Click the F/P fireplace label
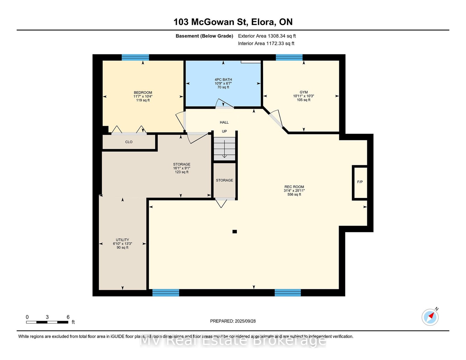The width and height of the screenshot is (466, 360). tap(360, 182)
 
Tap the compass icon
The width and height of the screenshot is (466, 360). tap(430, 317)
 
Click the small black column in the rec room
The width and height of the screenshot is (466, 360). tap(235, 232)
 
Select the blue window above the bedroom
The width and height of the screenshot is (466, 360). tap(135, 57)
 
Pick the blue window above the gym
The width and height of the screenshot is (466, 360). tap(289, 57)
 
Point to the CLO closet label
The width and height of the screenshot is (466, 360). tap(129, 142)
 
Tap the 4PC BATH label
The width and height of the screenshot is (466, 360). tap(223, 80)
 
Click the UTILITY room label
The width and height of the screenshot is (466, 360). tap(123, 240)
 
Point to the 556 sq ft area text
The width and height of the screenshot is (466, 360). tap(294, 194)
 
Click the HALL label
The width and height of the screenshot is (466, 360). tap(224, 122)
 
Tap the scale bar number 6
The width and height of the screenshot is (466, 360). tap(68, 317)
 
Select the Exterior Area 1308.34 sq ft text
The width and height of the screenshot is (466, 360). tap(267, 36)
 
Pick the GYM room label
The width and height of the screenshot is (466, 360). tap(304, 92)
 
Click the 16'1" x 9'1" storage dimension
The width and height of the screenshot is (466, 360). tap(182, 168)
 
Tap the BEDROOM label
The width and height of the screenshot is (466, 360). tap(143, 92)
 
